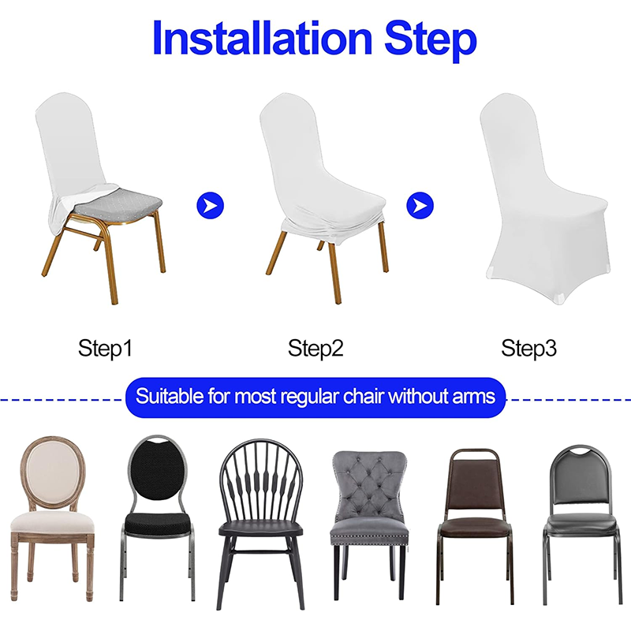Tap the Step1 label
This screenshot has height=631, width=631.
tap(105, 348)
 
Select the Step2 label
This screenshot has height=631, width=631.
tap(315, 348)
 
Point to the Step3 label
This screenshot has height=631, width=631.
tap(529, 348)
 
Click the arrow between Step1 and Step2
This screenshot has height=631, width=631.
tap(210, 207)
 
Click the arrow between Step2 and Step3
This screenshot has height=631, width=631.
tap(420, 207)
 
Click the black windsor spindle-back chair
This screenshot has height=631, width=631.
tap(259, 513)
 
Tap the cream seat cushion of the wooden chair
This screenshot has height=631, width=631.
tap(52, 521)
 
